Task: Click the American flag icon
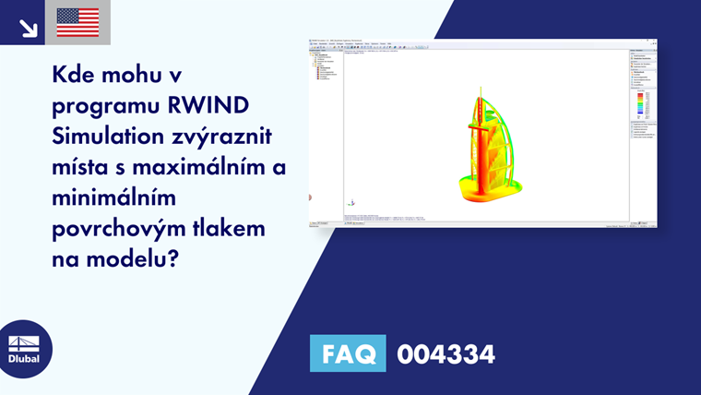77,22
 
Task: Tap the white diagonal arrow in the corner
29,28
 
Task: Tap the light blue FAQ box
348,354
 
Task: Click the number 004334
446,354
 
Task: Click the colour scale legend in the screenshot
641,106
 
